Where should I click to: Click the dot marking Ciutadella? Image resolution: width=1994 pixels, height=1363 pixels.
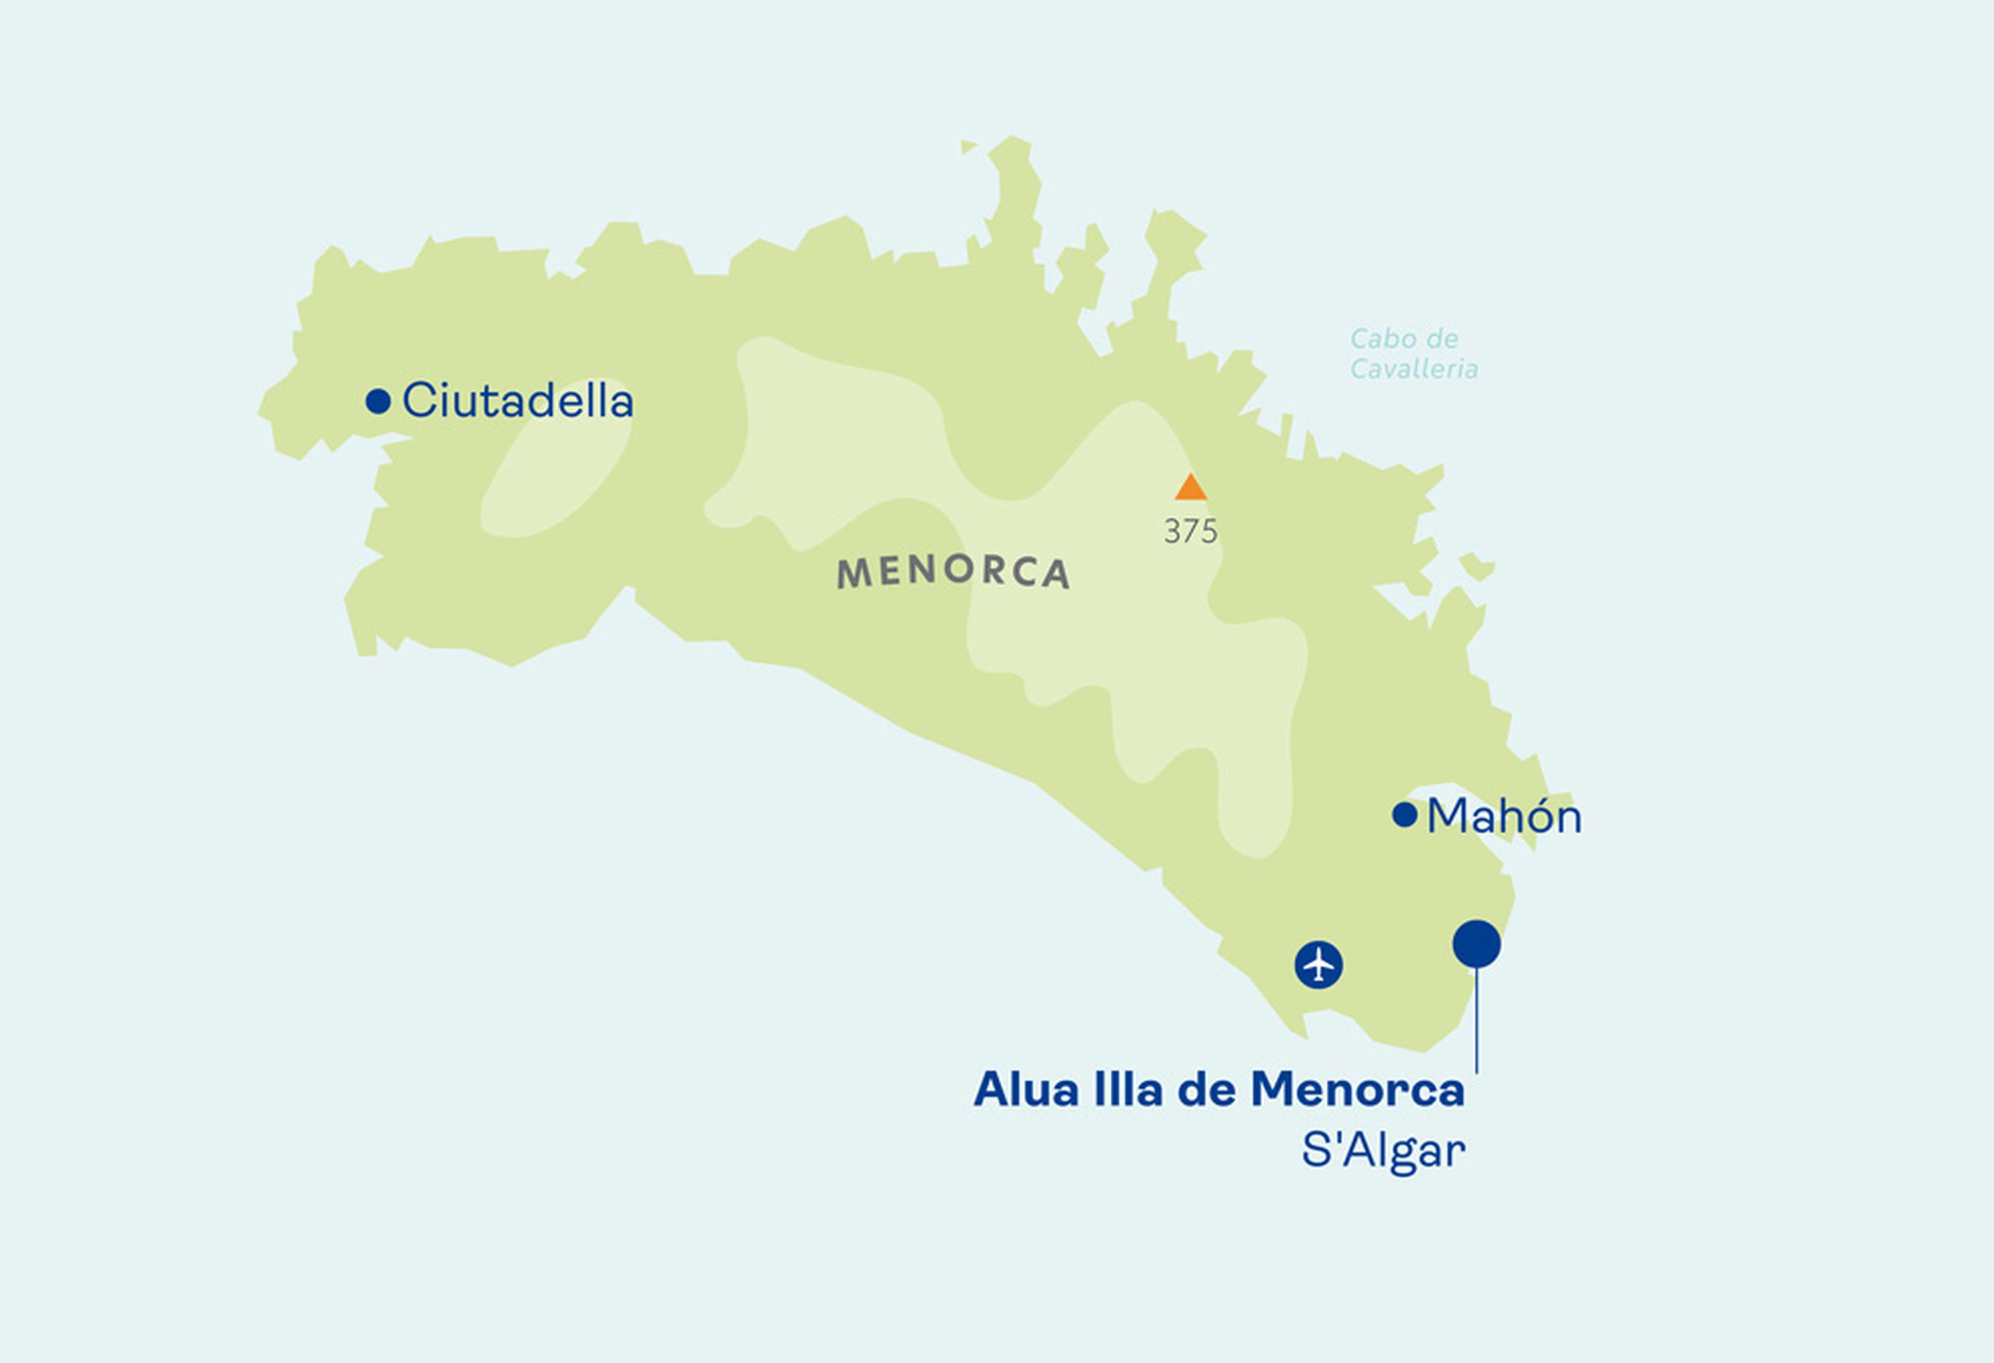(378, 401)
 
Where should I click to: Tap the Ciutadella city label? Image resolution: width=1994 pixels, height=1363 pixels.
(517, 401)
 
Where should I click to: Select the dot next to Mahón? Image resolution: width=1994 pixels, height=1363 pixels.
(1404, 815)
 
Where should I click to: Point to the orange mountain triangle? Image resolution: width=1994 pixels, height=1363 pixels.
(1191, 488)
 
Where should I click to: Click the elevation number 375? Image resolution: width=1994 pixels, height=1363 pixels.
(1190, 532)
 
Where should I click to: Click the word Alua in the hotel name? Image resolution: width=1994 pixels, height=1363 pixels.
(1026, 1090)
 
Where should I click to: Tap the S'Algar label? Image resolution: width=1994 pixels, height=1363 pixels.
(1383, 1150)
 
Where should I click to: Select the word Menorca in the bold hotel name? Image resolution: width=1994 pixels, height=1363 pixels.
(1357, 1090)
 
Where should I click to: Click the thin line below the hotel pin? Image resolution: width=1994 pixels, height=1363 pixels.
(1477, 1021)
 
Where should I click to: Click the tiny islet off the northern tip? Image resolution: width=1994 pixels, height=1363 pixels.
(968, 147)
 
